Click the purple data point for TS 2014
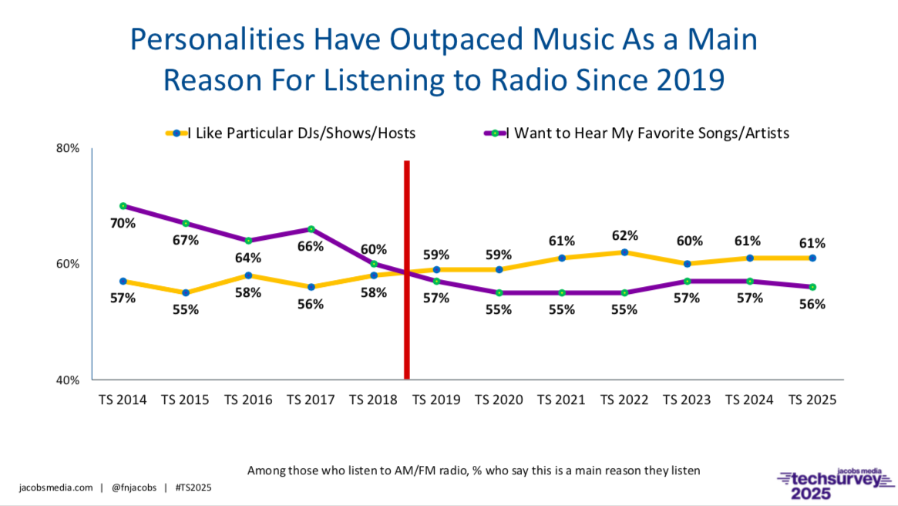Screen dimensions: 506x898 click(123, 206)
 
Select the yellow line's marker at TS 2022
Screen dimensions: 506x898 click(624, 252)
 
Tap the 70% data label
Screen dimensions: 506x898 click(123, 224)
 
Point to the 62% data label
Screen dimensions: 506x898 click(624, 235)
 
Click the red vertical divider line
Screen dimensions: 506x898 click(406, 270)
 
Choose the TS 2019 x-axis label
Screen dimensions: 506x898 click(436, 400)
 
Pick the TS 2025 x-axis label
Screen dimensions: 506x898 click(812, 400)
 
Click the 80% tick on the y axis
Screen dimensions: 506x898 click(70, 148)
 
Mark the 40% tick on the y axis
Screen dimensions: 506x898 click(70, 379)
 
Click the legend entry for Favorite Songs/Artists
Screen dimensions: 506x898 click(647, 133)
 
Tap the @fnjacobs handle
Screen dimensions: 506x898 click(134, 487)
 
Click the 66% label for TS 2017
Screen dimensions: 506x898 click(311, 246)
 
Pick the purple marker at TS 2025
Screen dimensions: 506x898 click(812, 287)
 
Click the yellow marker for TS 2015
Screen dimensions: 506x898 click(186, 292)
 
